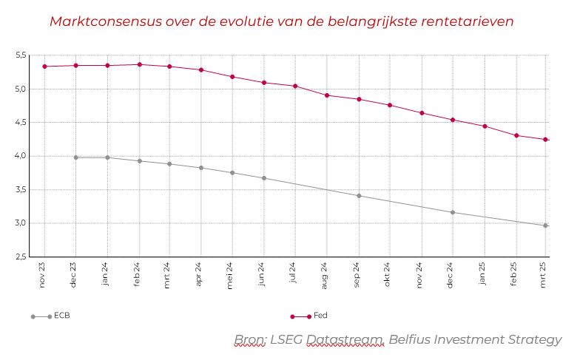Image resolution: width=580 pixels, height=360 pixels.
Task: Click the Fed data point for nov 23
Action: point(44,67)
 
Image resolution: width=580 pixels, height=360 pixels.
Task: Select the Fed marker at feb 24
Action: point(138,64)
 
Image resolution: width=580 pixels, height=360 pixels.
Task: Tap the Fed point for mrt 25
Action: point(545,140)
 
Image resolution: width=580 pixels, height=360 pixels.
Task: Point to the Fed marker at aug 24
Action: point(326,95)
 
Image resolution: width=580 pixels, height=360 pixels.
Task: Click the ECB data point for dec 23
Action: point(75,157)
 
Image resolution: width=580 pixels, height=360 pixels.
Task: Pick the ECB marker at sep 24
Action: point(358,196)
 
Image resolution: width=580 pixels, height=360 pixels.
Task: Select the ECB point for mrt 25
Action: point(545,225)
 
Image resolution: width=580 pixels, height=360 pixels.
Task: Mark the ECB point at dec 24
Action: point(452,212)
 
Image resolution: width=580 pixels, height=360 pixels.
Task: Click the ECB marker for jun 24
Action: point(263,178)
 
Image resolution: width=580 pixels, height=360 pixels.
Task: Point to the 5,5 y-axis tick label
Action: point(21,55)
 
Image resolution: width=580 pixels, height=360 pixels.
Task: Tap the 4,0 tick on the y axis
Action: point(21,156)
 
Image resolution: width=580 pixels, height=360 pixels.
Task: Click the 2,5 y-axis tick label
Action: point(21,257)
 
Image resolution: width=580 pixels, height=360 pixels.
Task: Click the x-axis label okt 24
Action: point(388,276)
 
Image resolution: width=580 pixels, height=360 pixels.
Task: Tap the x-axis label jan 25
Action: point(482,276)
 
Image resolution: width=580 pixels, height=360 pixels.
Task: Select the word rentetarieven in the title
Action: point(468,21)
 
